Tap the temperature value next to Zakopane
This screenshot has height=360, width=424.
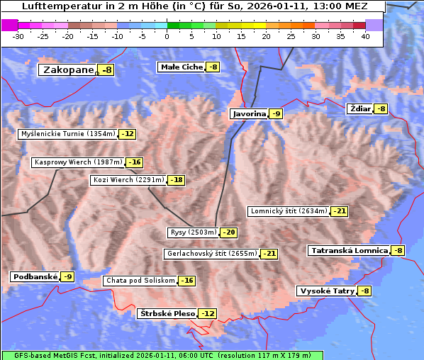[106, 70]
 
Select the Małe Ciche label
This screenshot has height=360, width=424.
[182, 67]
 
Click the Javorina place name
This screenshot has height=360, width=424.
[250, 114]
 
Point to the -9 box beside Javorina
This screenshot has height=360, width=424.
[276, 114]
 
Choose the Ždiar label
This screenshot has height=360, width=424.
[359, 108]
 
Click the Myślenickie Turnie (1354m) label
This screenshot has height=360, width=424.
[68, 134]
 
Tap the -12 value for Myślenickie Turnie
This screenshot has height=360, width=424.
[127, 134]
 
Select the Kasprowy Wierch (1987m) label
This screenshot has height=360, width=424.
[79, 162]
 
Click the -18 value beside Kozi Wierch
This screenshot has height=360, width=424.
[176, 180]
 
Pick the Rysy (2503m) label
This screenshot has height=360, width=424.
[193, 232]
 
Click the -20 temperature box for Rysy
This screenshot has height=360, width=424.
[228, 232]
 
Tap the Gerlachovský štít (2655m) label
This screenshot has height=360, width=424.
[212, 254]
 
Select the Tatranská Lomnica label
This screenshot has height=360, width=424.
[349, 251]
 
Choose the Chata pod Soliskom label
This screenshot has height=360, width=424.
[140, 281]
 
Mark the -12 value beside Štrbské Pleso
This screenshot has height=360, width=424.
[206, 314]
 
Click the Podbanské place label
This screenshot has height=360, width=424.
[35, 277]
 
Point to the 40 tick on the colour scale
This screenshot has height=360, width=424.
[365, 36]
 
